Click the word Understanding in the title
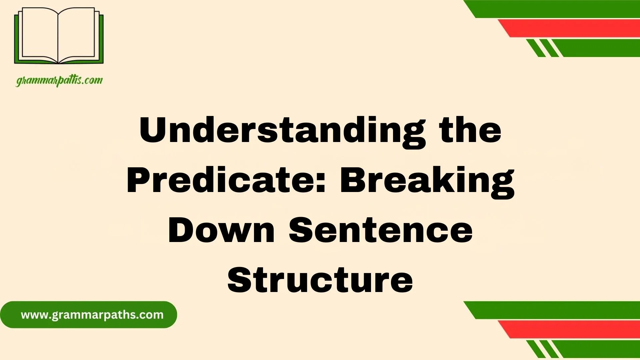tap(282, 132)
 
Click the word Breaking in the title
tap(427, 182)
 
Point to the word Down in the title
tap(221, 230)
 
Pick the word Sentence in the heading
tap(381, 230)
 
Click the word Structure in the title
tap(320, 280)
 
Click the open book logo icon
tap(59, 36)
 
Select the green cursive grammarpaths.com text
tap(59, 81)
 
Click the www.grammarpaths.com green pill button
tap(88, 315)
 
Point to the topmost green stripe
tap(552, 9)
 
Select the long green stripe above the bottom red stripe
tap(552, 310)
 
